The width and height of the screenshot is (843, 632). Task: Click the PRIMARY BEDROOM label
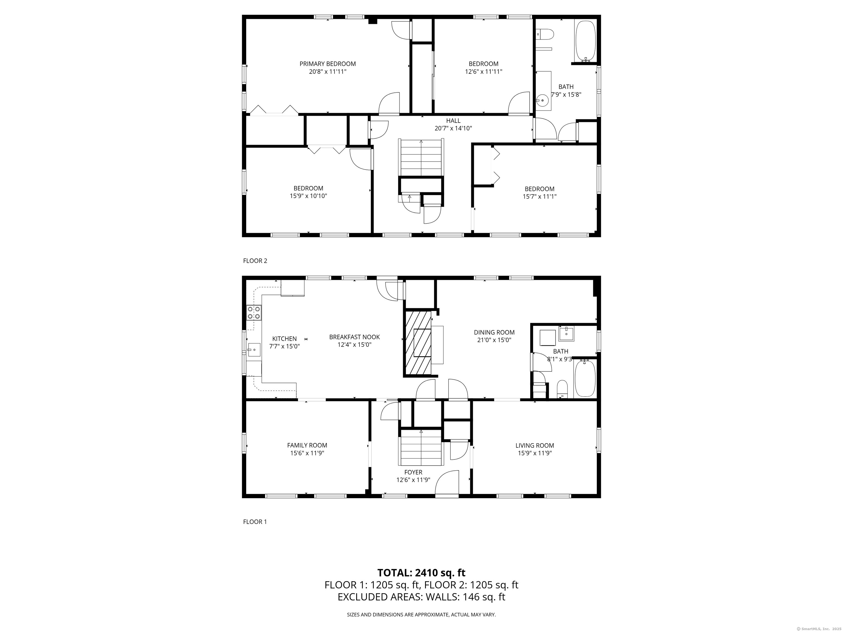click(327, 64)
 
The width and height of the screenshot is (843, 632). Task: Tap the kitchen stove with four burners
click(254, 313)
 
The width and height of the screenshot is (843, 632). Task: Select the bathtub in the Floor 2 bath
click(585, 41)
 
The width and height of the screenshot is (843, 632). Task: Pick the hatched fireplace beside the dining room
click(418, 343)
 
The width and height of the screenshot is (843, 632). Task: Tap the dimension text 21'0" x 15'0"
click(494, 340)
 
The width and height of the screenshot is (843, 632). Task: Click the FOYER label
click(413, 472)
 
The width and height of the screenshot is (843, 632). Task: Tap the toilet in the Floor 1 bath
click(562, 389)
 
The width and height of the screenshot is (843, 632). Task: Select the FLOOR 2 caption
click(255, 261)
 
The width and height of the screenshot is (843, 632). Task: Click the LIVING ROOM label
click(535, 445)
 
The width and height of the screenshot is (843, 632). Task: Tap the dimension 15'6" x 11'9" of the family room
click(307, 453)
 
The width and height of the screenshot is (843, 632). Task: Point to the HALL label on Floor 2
click(453, 121)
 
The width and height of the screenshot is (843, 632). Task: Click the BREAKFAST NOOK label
click(355, 337)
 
